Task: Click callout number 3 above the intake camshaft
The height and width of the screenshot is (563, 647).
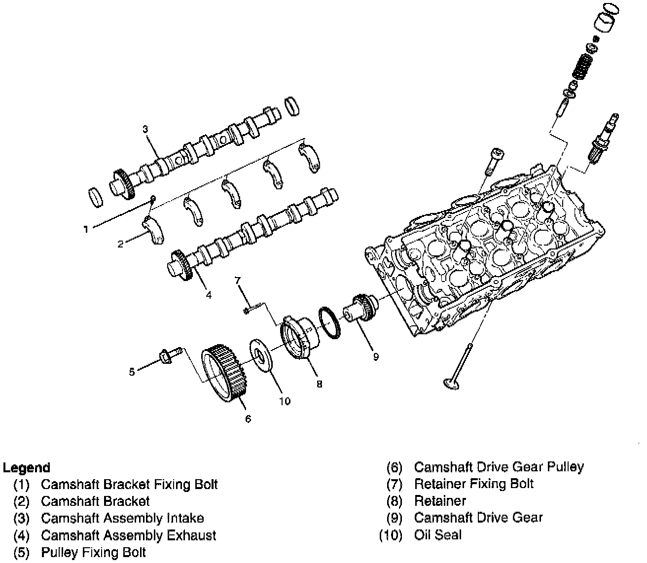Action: (145, 129)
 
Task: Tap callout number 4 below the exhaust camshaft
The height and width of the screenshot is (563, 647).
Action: (209, 295)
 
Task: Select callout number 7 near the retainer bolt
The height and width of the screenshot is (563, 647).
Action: (238, 280)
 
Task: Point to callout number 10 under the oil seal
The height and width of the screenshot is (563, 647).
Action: (285, 401)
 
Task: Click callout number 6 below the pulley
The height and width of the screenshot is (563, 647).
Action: (248, 419)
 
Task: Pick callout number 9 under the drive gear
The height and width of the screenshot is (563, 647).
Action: (376, 357)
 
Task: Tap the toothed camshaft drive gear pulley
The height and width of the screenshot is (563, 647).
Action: (224, 373)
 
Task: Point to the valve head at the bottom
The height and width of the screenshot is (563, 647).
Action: (451, 384)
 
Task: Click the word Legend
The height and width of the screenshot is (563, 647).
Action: (27, 468)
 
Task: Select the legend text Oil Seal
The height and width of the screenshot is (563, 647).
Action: (438, 535)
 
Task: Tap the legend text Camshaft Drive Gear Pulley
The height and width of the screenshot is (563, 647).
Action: (499, 467)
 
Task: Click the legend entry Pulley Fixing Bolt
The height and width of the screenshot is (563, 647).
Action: (94, 553)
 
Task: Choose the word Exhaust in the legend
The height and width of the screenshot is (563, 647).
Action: (192, 535)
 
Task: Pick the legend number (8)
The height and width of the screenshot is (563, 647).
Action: (395, 501)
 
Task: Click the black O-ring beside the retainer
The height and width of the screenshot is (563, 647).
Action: (329, 323)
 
